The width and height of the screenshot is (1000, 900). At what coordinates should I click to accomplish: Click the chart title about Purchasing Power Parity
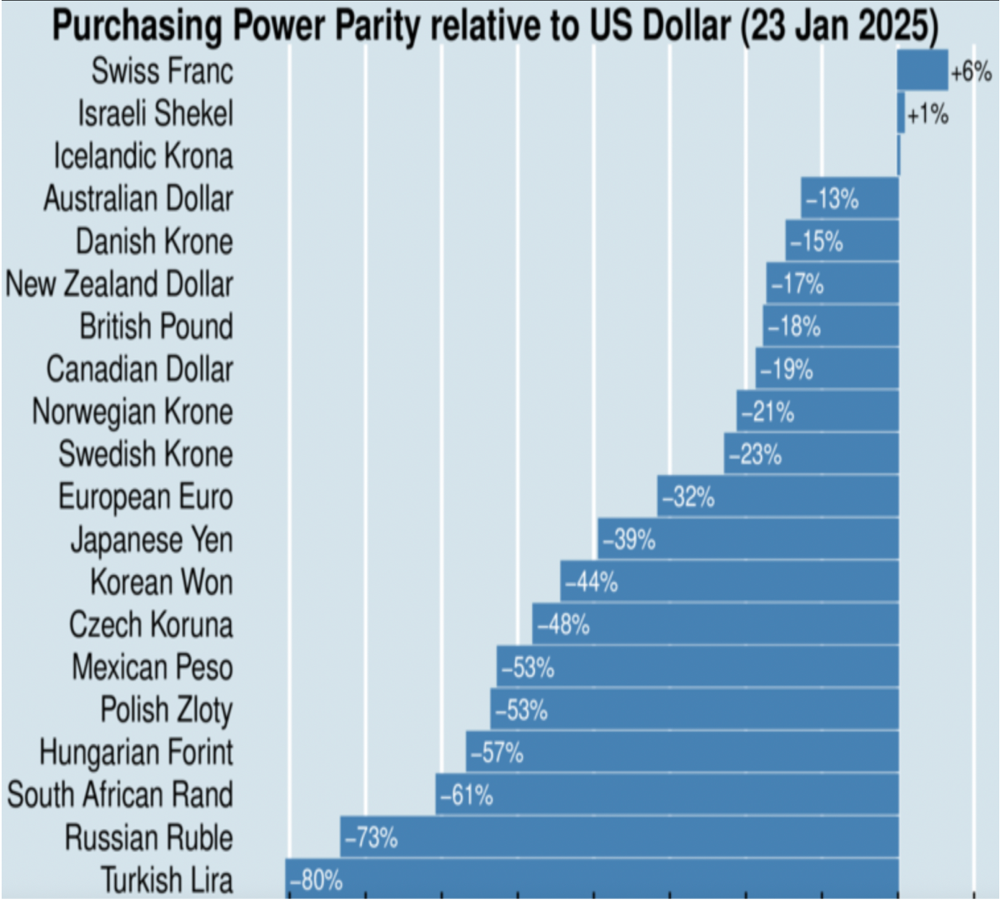[495, 26]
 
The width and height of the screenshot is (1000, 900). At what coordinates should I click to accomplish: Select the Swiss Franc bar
[922, 70]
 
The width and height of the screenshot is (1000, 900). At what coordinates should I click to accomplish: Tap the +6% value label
[971, 73]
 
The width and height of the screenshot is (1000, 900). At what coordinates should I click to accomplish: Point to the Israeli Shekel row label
[155, 114]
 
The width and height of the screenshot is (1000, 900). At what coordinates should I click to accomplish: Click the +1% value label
[927, 115]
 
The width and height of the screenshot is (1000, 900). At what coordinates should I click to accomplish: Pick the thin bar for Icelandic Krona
[899, 155]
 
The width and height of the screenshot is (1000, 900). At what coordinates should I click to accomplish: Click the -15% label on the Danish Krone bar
[816, 242]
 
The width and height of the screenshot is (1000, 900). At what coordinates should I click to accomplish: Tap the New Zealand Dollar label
[119, 284]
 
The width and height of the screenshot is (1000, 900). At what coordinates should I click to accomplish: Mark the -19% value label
[786, 370]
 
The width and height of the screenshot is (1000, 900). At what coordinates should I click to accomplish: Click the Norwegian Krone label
[132, 412]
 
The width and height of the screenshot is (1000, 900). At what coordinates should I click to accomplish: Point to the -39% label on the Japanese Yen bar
[628, 540]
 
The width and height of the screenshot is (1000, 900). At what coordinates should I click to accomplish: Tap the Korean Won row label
[161, 583]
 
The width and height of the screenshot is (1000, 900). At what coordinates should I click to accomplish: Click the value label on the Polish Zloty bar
[520, 711]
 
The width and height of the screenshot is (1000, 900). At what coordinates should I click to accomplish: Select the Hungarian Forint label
[136, 753]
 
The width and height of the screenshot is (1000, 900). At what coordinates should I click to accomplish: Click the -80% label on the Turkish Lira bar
[316, 880]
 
